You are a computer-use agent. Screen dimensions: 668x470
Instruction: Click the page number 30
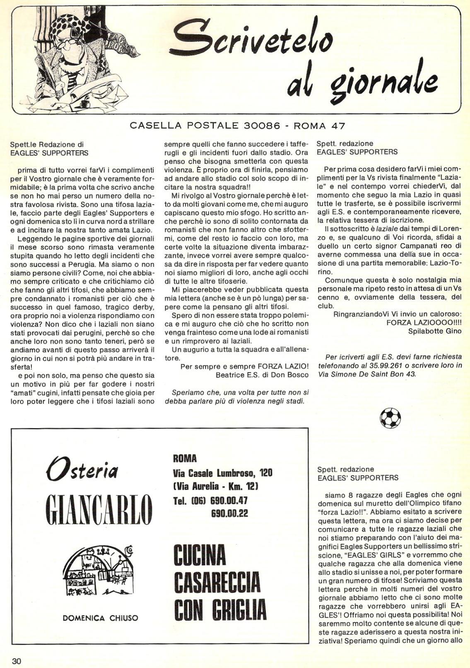[x=17, y=660]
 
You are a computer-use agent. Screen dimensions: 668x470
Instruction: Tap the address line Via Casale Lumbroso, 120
[x=222, y=473]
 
